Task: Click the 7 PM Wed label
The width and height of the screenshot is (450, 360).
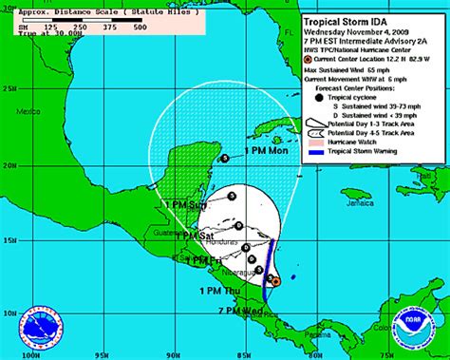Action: [x=238, y=311]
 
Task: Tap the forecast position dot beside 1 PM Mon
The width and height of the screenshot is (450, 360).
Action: [x=224, y=159]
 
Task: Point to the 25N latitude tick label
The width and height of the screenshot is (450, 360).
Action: [x=8, y=89]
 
